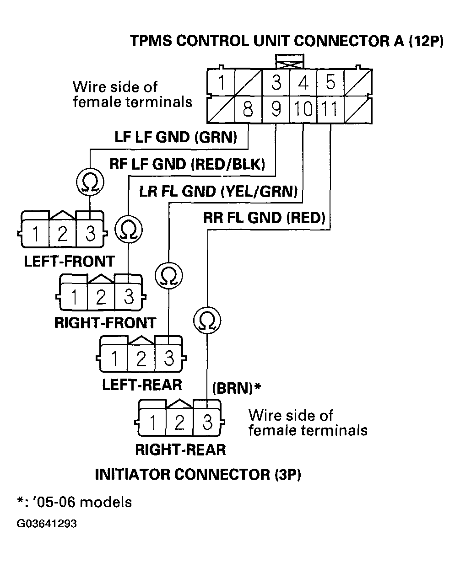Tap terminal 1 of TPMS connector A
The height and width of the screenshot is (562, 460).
pos(221,83)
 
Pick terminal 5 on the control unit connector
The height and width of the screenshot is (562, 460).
pos(330,83)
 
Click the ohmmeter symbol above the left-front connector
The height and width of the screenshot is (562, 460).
pos(90,182)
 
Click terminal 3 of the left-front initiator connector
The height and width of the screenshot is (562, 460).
pos(90,234)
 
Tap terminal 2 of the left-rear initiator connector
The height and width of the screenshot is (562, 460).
pos(141,359)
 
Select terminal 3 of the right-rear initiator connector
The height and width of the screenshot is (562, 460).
pos(207,423)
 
